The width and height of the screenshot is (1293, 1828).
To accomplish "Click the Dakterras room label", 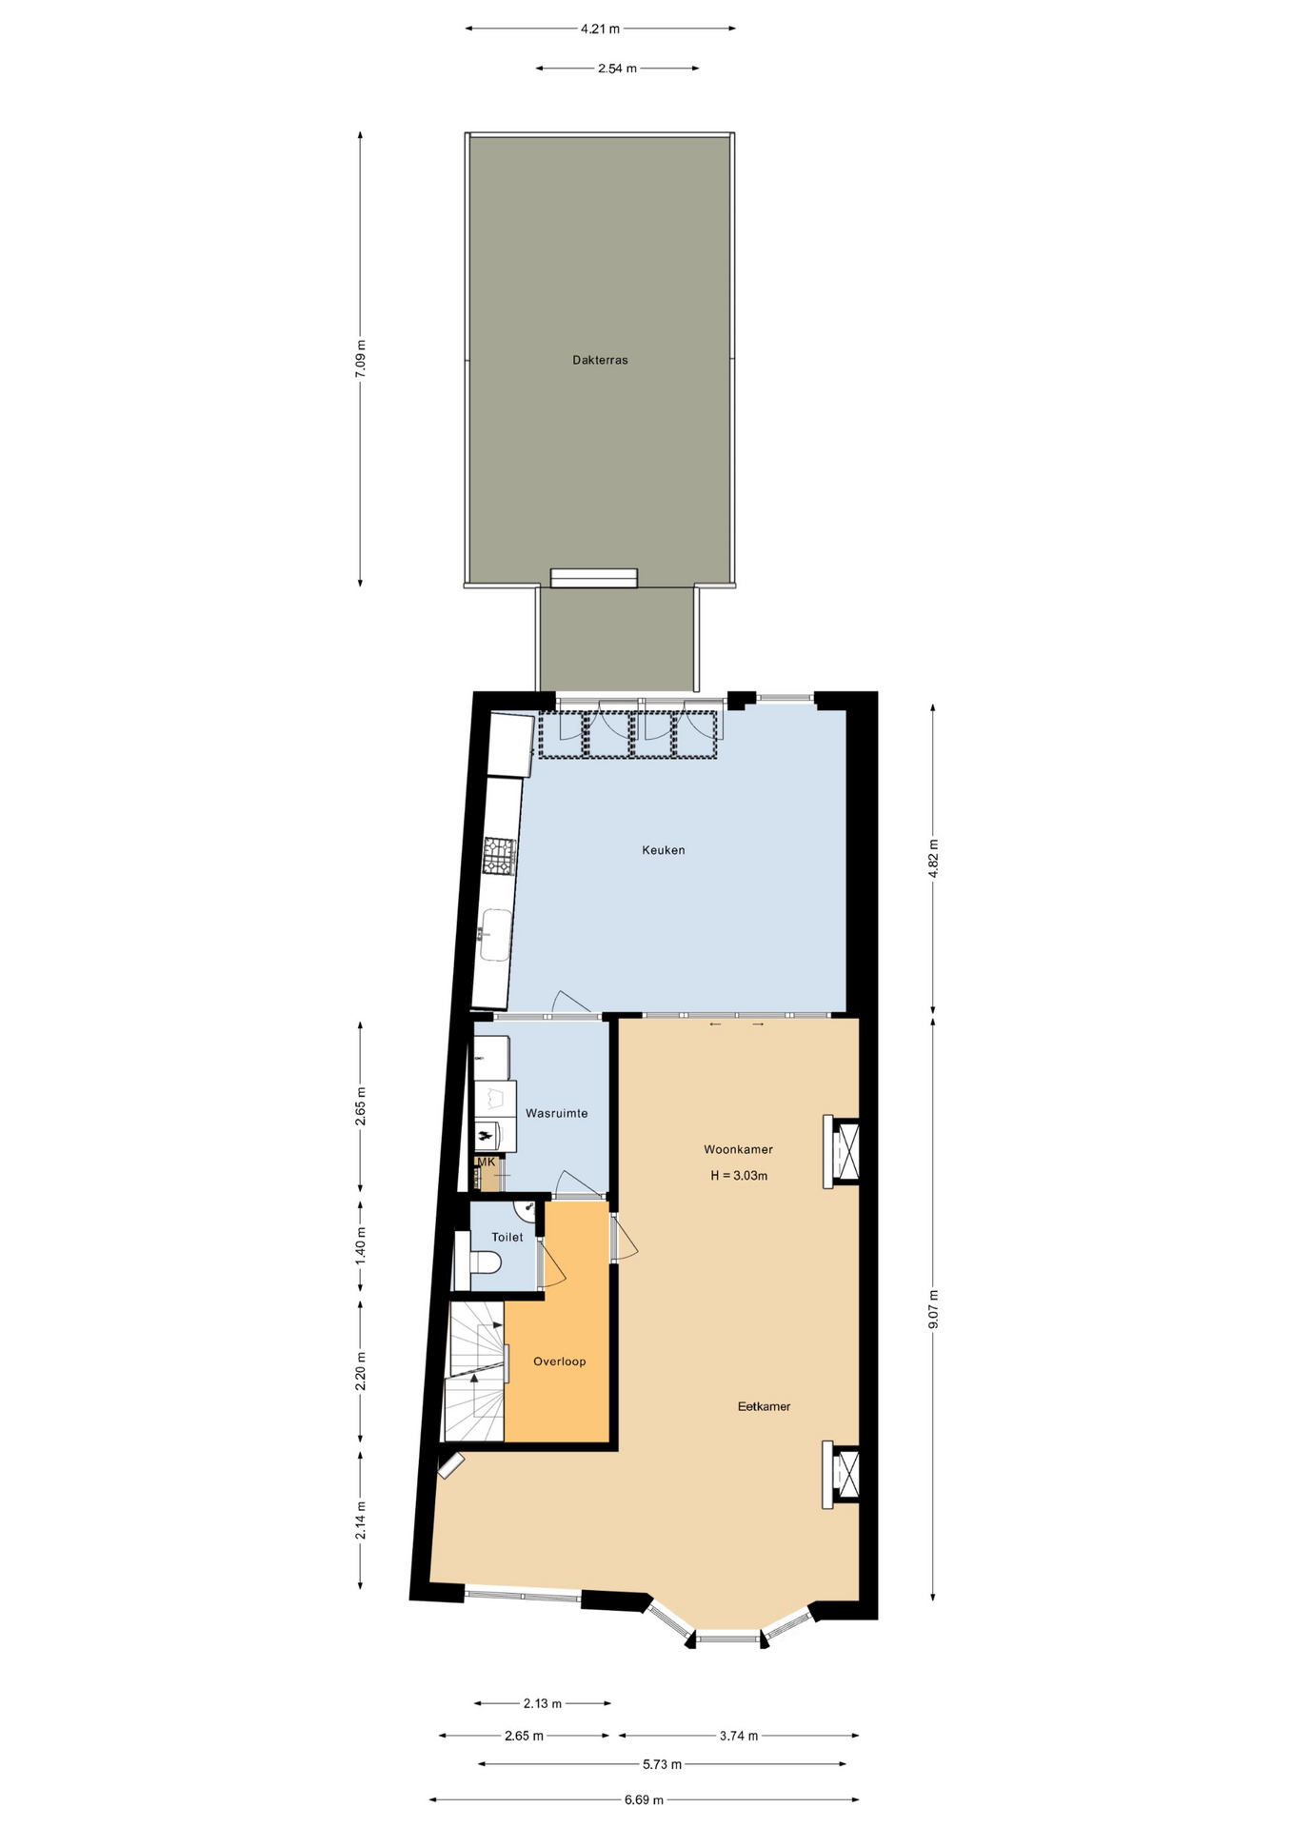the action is pos(600,360).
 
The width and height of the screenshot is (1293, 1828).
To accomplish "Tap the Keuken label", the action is pos(664,850).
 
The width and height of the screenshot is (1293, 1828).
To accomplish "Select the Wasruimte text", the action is pos(557,1113).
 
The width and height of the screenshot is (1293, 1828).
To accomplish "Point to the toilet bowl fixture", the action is pos(485,1262).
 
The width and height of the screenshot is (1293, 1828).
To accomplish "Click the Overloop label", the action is pos(560,1361).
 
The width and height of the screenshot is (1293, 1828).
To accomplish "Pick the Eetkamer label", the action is pos(765,1406).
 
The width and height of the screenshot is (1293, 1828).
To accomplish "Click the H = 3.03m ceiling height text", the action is pos(739,1176).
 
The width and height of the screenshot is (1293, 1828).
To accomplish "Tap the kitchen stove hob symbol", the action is pos(499,855).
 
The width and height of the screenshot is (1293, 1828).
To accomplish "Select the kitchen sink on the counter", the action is pos(496,935).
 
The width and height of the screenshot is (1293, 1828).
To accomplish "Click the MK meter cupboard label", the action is pos(487,1162).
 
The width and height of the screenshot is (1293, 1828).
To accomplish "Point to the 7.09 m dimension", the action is pos(360,359).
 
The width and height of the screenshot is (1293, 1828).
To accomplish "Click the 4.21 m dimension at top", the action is pos(600,29).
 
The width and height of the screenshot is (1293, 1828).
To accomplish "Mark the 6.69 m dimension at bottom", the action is pos(644,1799).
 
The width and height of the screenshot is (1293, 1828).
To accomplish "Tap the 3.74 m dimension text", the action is pos(739,1736).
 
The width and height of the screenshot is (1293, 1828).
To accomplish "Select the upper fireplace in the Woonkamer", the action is pos(842,1152).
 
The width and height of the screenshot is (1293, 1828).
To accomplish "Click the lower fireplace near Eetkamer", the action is pos(842,1475).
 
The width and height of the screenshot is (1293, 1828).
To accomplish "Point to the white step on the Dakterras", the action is pos(594,578).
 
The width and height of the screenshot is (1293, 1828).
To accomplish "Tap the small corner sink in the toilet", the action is pos(527,1210).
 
